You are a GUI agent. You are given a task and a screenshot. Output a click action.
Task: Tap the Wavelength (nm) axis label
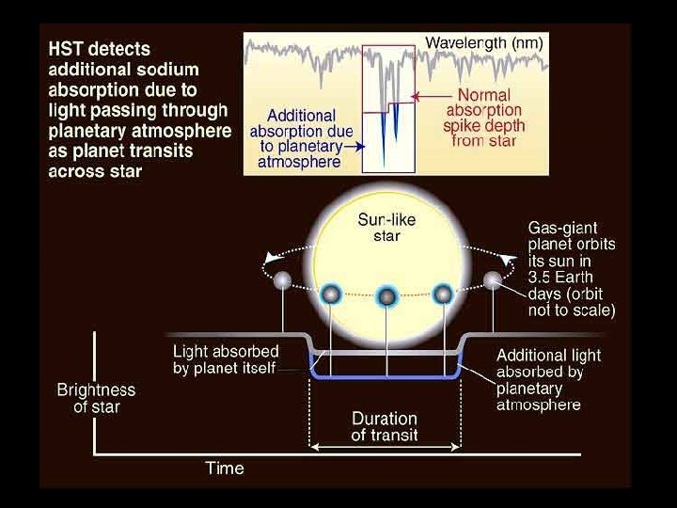tap(483, 42)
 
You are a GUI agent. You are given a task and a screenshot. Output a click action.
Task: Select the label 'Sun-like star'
tap(386, 227)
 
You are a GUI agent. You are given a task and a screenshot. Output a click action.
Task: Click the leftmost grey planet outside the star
tap(282, 279)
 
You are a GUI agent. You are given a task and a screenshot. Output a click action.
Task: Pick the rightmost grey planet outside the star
tap(492, 279)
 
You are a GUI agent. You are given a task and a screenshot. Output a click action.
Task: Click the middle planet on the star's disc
tap(386, 297)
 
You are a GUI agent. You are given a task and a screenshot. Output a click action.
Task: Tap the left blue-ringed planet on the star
tap(330, 294)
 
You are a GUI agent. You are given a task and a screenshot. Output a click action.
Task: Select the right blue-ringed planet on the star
tap(442, 294)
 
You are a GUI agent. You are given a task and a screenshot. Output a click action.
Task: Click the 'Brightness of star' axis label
tap(96, 398)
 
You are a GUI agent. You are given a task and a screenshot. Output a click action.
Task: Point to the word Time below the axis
tap(225, 468)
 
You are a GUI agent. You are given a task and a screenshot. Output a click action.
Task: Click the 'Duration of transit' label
tap(385, 426)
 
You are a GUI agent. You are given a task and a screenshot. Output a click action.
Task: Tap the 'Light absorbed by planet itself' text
tap(226, 359)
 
